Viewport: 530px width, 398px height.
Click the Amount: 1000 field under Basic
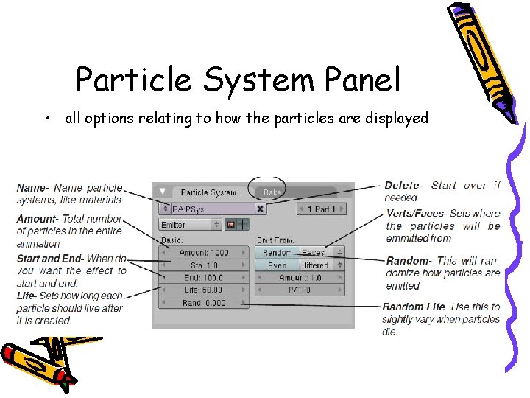click(204, 253)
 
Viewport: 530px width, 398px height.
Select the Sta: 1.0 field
click(204, 265)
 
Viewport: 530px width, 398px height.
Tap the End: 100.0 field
click(204, 278)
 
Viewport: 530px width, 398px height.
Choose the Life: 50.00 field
click(204, 290)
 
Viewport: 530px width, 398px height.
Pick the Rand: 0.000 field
click(204, 303)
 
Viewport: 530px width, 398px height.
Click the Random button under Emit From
click(278, 253)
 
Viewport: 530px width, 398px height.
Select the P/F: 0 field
click(300, 290)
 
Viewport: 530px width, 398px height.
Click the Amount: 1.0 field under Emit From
click(300, 278)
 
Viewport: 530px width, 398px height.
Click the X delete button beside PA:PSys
click(260, 209)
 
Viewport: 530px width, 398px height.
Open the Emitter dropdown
click(191, 225)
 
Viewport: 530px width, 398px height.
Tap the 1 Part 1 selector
click(321, 209)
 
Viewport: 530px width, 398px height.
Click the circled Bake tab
click(272, 192)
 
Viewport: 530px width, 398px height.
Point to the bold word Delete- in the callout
click(403, 186)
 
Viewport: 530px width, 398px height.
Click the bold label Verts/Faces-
click(416, 214)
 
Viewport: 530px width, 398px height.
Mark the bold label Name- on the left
click(33, 188)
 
